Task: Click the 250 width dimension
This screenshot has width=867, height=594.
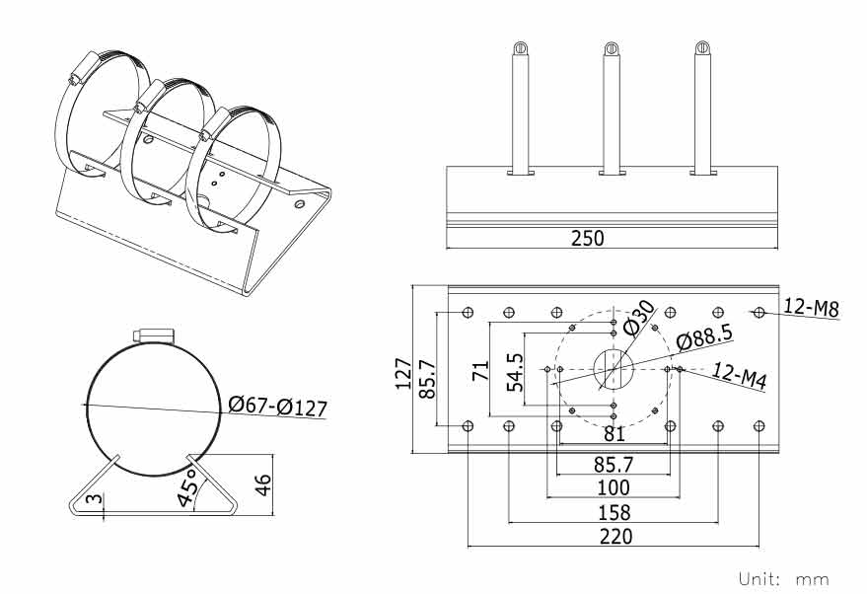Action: pos(587,239)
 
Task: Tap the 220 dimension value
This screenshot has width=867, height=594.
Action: pos(615,537)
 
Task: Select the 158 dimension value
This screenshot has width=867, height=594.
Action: pos(614,513)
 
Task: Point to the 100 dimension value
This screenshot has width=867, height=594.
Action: pos(614,487)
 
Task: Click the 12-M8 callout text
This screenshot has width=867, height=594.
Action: pos(811,308)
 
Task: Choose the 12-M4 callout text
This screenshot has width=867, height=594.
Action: pos(739,376)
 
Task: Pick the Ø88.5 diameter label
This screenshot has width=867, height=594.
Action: pos(704,336)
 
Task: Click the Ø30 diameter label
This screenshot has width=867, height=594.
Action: pos(639,318)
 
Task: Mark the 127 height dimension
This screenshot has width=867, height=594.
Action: pos(403,374)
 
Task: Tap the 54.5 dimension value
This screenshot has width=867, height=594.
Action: pos(515,372)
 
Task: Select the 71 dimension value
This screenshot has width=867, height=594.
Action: pos(481,370)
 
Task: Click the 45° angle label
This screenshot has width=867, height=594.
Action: pos(188,486)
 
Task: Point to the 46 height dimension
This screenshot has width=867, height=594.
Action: pos(263,485)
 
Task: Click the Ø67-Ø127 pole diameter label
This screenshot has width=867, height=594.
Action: pos(277,407)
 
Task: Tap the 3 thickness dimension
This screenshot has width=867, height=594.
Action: pos(95,499)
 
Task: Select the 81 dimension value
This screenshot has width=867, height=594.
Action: pos(614,434)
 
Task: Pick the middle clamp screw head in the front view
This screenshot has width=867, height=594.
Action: pos(611,48)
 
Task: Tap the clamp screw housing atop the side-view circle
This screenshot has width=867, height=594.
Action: pos(154,335)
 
